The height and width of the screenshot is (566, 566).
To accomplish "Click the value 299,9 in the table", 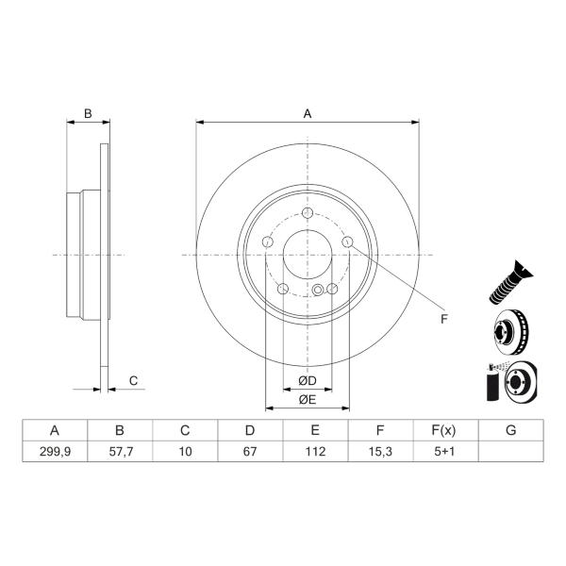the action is click(x=55, y=452).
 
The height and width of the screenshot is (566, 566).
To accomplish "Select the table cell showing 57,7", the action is click(x=120, y=452).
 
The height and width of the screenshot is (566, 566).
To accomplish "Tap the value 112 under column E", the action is click(x=315, y=452).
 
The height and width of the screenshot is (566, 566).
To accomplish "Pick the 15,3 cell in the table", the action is click(x=380, y=452).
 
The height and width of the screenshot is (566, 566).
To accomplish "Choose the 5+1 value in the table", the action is click(x=444, y=452).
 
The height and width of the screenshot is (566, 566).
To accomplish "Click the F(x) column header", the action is click(x=443, y=430).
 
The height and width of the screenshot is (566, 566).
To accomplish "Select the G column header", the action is click(x=510, y=430).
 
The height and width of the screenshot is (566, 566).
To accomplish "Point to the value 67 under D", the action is click(x=250, y=452).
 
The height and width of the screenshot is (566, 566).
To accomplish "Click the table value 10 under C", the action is click(x=185, y=452).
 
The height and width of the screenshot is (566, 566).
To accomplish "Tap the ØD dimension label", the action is click(x=308, y=380).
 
